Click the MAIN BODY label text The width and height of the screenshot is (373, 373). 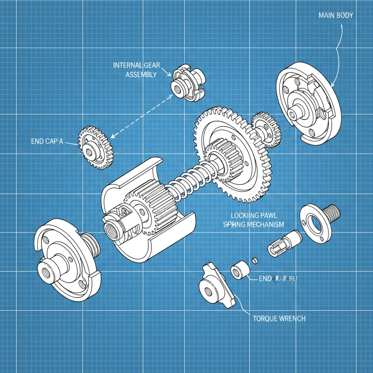pos(335,16)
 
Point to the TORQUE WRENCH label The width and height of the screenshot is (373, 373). pos(279,318)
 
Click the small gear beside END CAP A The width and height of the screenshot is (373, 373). pos(96,147)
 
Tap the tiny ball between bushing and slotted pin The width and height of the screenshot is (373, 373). pos(255,260)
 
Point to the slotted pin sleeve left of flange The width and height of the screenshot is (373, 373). pos(285,242)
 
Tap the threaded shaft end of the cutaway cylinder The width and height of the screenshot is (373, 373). pos(111,229)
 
